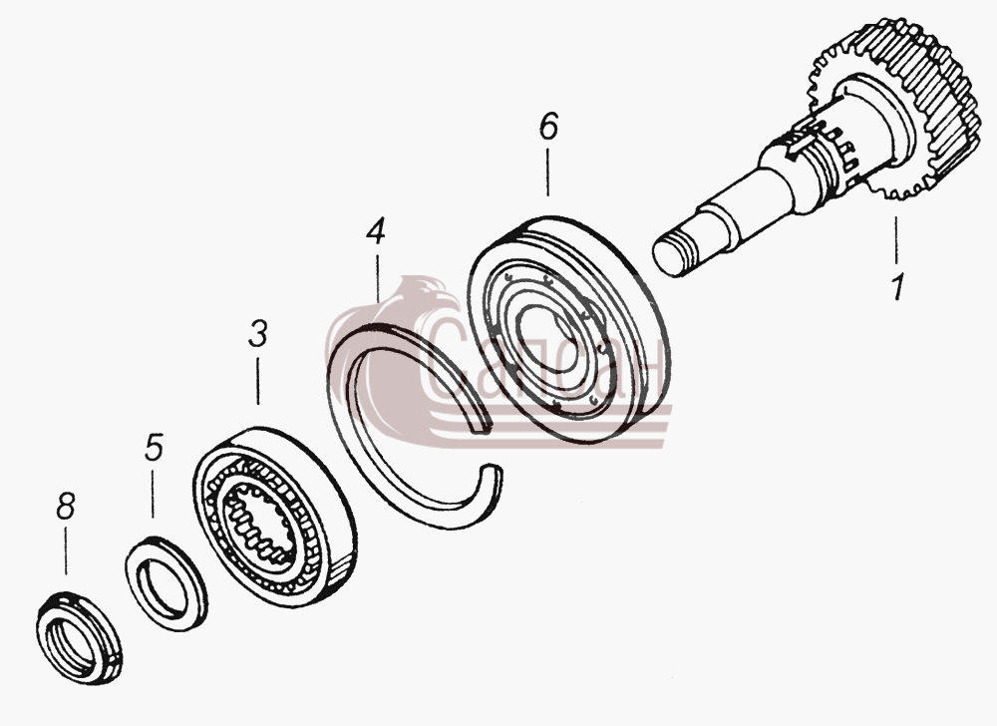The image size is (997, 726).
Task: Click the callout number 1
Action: tap(897, 287)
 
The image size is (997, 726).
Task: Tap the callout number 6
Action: tap(548, 126)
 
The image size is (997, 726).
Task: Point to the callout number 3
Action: tap(257, 334)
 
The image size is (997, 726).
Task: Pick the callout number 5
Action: tap(154, 447)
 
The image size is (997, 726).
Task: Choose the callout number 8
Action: tap(66, 506)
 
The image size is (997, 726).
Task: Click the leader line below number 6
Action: tap(548, 171)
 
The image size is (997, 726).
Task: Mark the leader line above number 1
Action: tap(896, 240)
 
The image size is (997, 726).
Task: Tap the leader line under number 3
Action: tap(257, 381)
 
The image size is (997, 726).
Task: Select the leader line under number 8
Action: tap(65, 551)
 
